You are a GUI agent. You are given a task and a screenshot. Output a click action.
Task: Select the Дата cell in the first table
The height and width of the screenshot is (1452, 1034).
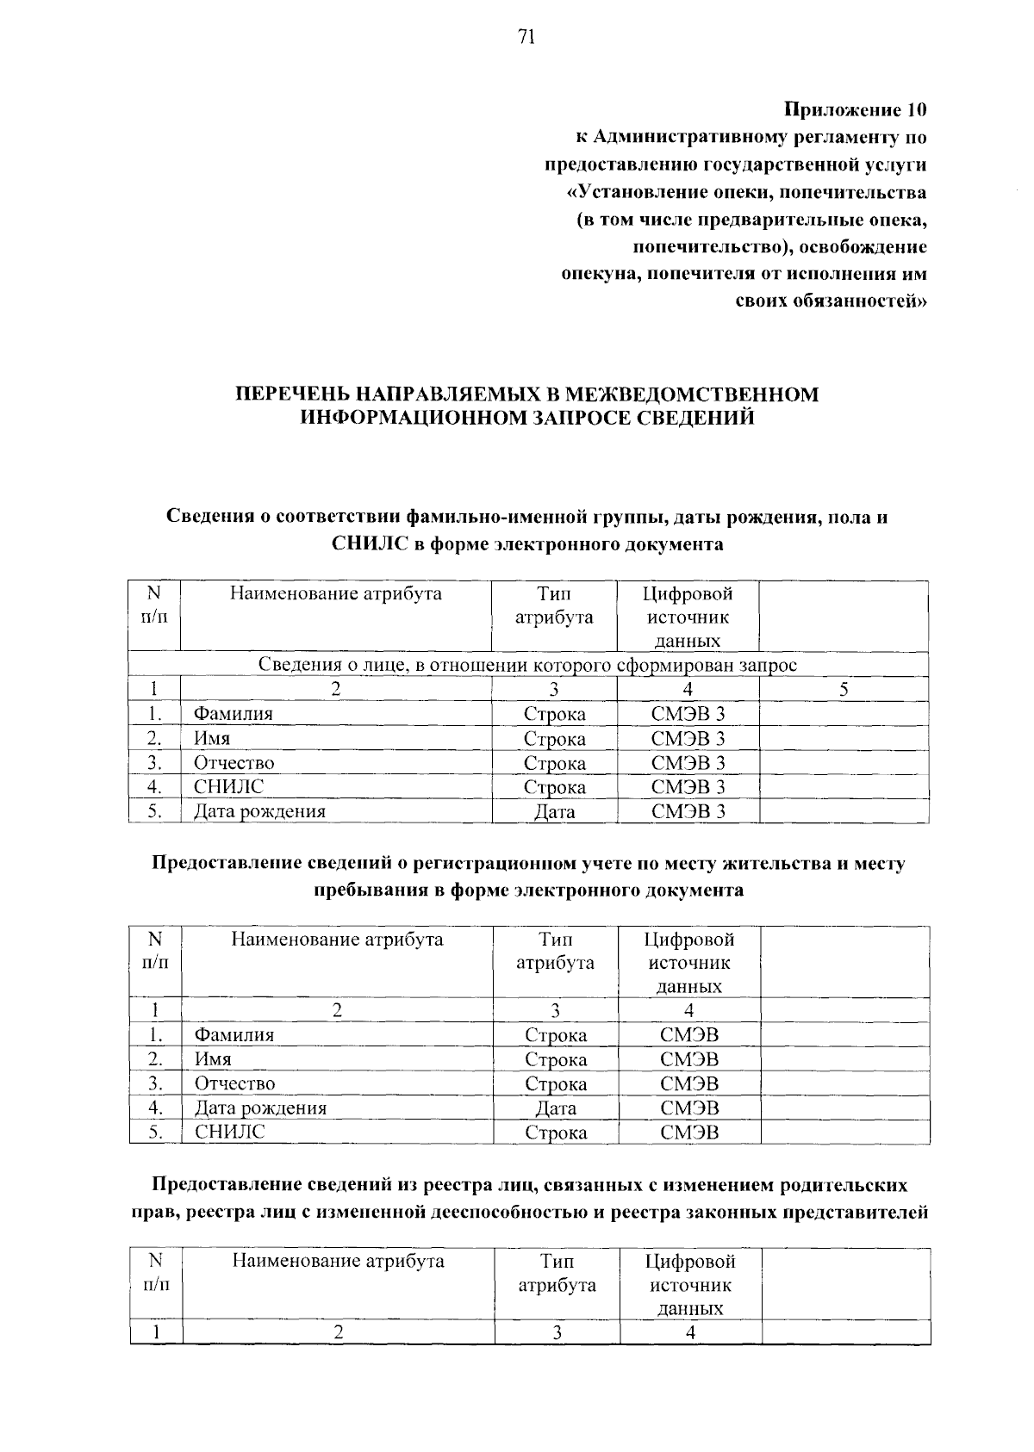coord(554,811)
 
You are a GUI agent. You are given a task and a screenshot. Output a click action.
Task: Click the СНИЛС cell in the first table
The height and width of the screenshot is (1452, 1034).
coord(228,786)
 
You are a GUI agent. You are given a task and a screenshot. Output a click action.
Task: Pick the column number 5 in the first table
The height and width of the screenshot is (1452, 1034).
coord(844,689)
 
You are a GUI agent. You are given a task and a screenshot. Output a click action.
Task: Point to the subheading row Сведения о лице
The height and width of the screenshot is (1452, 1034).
coord(527,665)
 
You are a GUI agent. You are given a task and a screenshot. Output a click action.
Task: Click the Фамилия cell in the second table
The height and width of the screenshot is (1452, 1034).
coord(234,1035)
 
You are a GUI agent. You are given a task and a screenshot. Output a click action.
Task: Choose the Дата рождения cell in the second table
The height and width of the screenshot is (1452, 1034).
coord(260,1108)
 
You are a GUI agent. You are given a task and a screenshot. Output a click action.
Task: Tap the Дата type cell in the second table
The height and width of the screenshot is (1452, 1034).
coord(556,1108)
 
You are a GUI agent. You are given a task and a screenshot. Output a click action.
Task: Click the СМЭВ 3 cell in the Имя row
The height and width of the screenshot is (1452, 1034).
coord(688,739)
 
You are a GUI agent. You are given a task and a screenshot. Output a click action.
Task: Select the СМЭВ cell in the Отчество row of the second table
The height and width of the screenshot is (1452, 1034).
coord(689,1084)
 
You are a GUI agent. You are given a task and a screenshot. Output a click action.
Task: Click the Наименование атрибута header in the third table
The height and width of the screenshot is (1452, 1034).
coord(338,1262)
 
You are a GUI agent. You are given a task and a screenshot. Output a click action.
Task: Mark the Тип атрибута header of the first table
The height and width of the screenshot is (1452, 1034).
coord(554,605)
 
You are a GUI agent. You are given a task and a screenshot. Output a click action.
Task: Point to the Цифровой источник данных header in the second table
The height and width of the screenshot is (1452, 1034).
coord(689,963)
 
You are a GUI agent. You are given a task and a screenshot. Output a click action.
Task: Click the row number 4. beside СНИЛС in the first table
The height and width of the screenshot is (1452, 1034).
coord(154,786)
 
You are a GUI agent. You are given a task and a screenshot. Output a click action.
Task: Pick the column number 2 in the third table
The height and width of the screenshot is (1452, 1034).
coord(339,1332)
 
